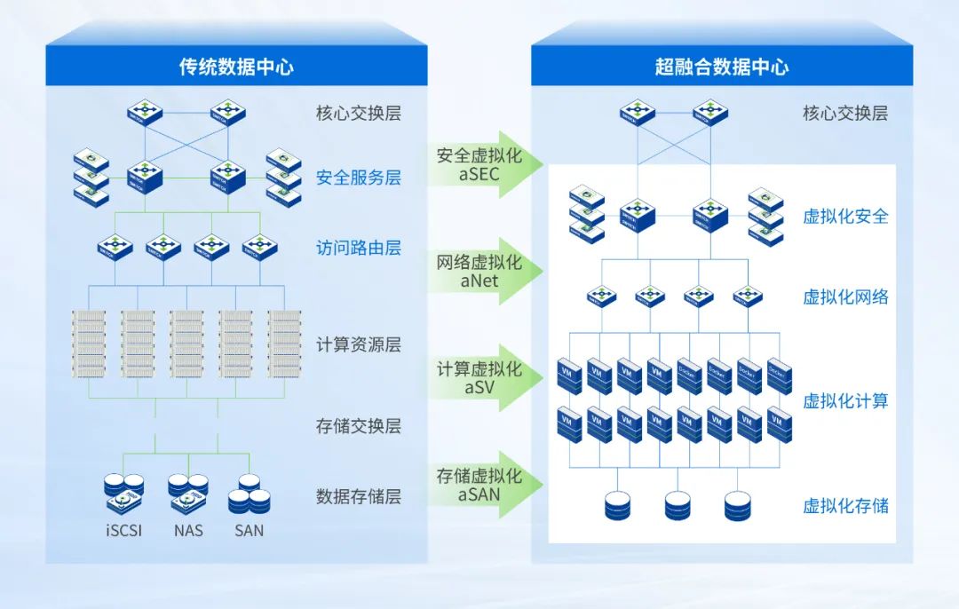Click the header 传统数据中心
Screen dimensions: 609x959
(236, 67)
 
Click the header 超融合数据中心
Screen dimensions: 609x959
(721, 67)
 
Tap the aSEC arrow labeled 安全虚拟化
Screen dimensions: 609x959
(479, 164)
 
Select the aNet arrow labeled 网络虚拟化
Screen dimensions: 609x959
(479, 272)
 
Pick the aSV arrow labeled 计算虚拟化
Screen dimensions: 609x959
(479, 378)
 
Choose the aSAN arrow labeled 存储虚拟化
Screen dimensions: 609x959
(479, 485)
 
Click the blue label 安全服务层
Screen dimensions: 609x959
(358, 178)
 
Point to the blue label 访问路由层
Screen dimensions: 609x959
(358, 248)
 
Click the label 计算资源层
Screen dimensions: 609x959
(358, 344)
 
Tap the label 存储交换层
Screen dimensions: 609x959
(358, 426)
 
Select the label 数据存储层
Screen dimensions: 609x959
(358, 496)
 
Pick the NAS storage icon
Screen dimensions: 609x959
(187, 494)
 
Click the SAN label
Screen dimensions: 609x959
(249, 531)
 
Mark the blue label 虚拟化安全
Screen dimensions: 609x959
(845, 217)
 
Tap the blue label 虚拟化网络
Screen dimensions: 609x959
(845, 297)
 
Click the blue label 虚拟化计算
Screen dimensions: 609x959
(845, 401)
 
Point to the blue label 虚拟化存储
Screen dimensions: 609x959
(845, 506)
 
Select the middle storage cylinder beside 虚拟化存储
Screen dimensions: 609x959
(678, 506)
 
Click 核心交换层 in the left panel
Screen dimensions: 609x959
(358, 114)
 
